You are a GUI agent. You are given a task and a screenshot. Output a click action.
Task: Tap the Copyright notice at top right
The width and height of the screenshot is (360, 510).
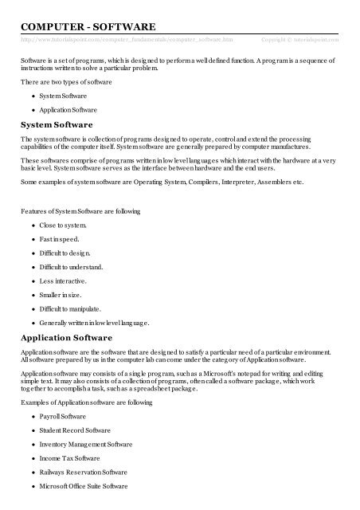pos(299,38)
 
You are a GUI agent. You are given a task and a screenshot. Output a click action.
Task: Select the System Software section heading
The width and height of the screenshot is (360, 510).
pos(57,126)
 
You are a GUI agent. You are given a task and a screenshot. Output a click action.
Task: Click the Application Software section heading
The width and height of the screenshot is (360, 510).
pos(68,339)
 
